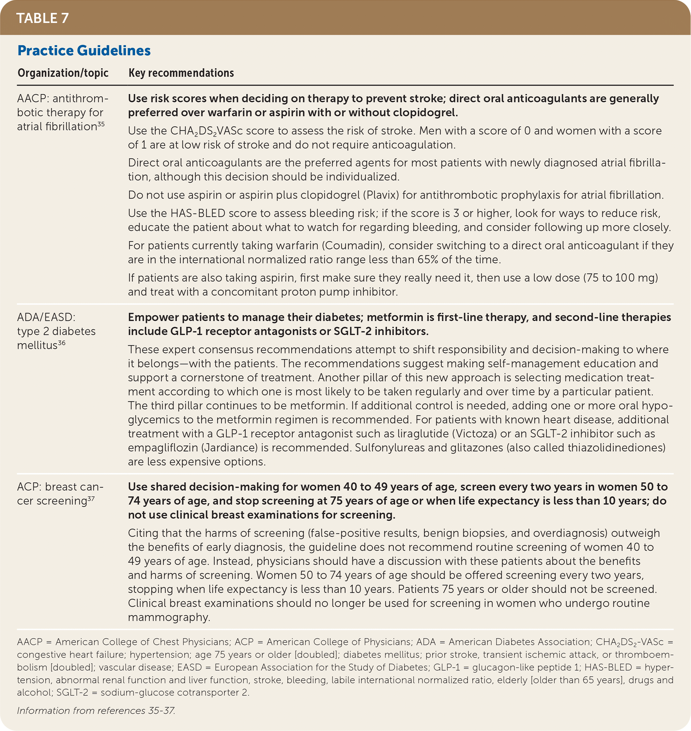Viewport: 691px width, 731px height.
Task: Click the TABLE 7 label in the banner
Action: [42, 18]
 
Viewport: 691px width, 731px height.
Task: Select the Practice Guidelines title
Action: [84, 51]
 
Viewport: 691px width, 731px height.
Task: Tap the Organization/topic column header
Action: [63, 73]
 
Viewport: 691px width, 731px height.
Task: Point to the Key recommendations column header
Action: [181, 73]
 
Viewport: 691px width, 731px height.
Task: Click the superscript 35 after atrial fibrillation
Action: [101, 124]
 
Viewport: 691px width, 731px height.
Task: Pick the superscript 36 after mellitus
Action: [62, 343]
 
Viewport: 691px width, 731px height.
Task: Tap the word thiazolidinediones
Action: [616, 448]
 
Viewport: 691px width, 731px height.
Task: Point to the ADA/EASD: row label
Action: [46, 317]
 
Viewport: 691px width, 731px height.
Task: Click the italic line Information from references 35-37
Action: [96, 710]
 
